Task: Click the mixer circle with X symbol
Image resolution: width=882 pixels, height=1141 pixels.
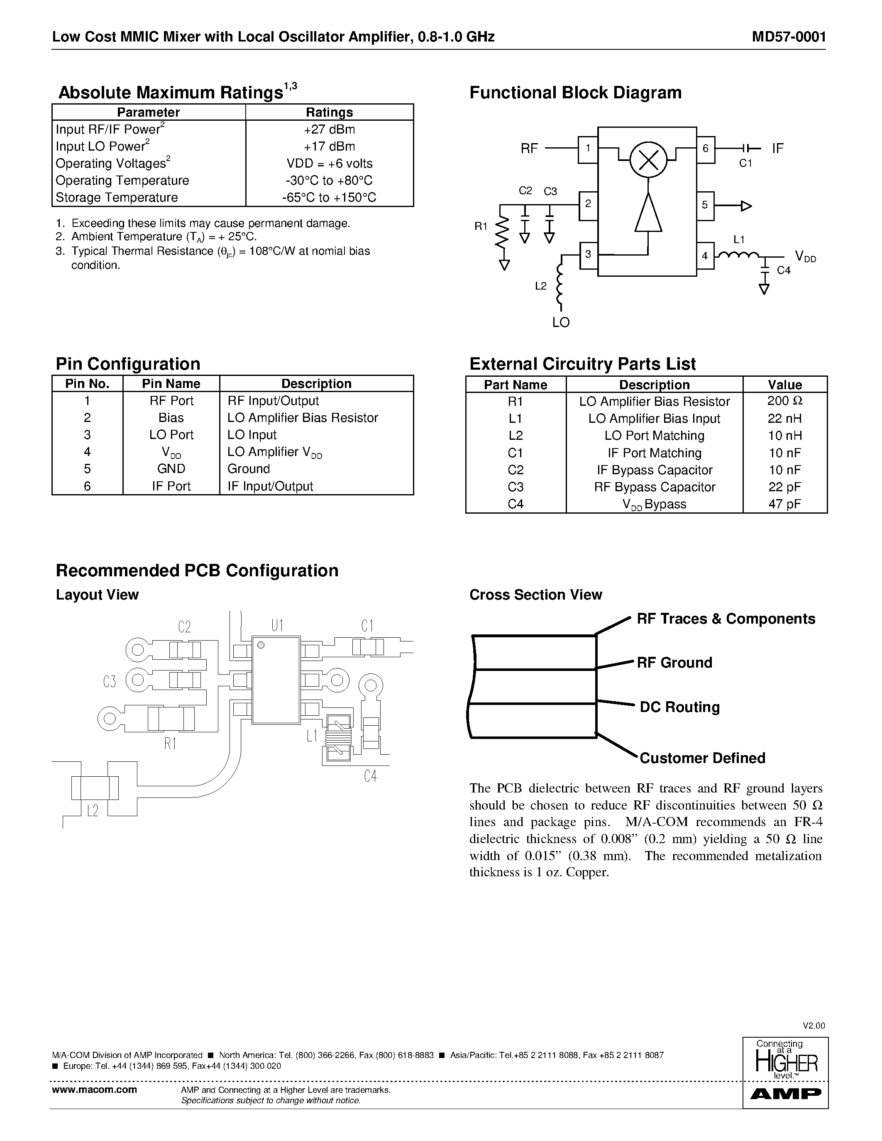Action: [x=648, y=159]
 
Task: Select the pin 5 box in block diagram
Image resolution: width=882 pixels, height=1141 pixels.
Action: [x=705, y=205]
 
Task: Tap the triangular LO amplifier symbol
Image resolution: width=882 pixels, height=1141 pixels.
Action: [x=648, y=213]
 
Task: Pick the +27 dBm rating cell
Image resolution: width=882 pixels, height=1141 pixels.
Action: [x=329, y=129]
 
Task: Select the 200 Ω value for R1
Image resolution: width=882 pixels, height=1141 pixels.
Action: [x=784, y=401]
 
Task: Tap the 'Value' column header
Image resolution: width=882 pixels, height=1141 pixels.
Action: [x=784, y=385]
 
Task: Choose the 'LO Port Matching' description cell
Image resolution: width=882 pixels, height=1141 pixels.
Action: [x=654, y=436]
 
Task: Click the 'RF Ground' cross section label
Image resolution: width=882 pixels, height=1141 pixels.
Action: [x=674, y=663]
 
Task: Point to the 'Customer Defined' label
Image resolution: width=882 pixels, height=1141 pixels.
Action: [x=702, y=758]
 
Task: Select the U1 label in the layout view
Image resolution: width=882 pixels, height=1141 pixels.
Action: [x=277, y=625]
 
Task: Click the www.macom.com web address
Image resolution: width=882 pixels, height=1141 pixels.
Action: [x=95, y=1089]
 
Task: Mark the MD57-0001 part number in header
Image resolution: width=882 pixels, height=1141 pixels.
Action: [x=789, y=37]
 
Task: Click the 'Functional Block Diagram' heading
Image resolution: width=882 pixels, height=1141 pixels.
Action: [x=575, y=93]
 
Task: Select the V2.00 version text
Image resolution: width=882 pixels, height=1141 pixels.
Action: [x=814, y=1026]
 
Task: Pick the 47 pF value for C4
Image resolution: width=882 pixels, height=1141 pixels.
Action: [x=784, y=504]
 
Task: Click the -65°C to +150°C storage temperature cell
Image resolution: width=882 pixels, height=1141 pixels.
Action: [x=329, y=197]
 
